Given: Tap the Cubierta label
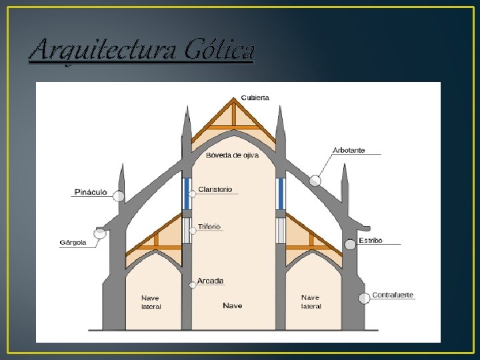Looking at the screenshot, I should click(x=255, y=97).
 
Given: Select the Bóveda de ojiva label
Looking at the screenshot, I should click(x=232, y=155).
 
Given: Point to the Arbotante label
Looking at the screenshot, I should click(x=349, y=150).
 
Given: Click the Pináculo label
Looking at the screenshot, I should click(x=90, y=193).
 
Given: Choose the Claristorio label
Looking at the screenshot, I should click(x=215, y=189).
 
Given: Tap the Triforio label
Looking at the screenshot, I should click(x=209, y=227).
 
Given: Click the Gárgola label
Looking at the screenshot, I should click(x=73, y=242).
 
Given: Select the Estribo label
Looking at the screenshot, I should click(x=371, y=240).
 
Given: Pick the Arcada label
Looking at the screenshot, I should click(x=211, y=281).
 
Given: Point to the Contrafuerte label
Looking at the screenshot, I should click(x=393, y=295).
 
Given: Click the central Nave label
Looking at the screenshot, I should click(x=233, y=306).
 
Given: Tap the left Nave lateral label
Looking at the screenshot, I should click(x=151, y=302).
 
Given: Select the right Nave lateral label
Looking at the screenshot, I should click(x=311, y=302).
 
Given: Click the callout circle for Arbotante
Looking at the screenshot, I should click(x=315, y=180).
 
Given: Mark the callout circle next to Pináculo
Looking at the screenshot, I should click(x=119, y=196).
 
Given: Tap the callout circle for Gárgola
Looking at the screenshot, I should click(x=100, y=233).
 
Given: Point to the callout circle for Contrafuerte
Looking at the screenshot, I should click(x=364, y=298).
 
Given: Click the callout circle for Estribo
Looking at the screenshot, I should click(x=350, y=245).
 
